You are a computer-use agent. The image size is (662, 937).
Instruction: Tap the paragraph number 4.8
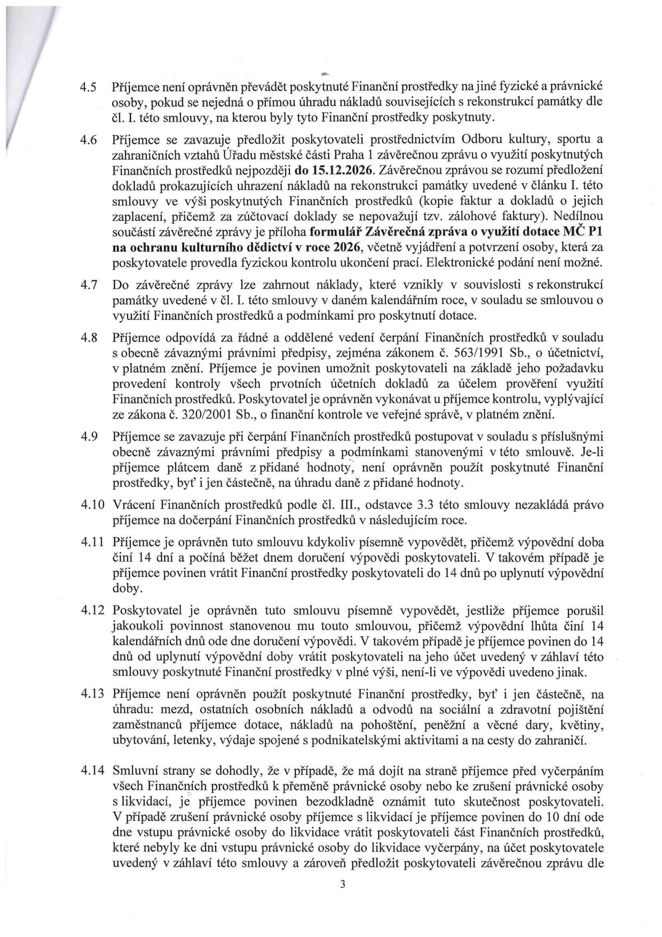tap(88, 338)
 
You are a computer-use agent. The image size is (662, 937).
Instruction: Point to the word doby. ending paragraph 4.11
tap(126, 588)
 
